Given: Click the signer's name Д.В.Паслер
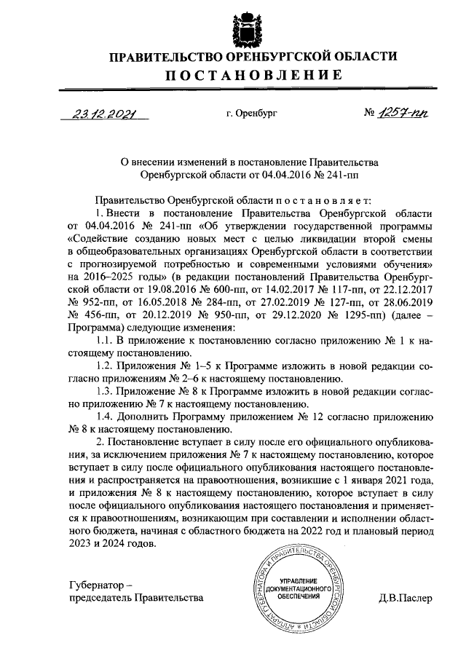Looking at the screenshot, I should click(405, 599).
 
